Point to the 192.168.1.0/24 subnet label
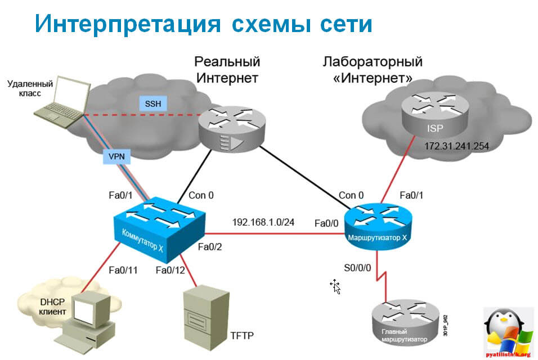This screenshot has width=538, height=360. click(263, 222)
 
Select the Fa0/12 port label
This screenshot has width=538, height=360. click(171, 270)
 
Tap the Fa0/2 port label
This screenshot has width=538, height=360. click(211, 246)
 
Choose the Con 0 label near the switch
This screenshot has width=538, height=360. click(201, 195)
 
